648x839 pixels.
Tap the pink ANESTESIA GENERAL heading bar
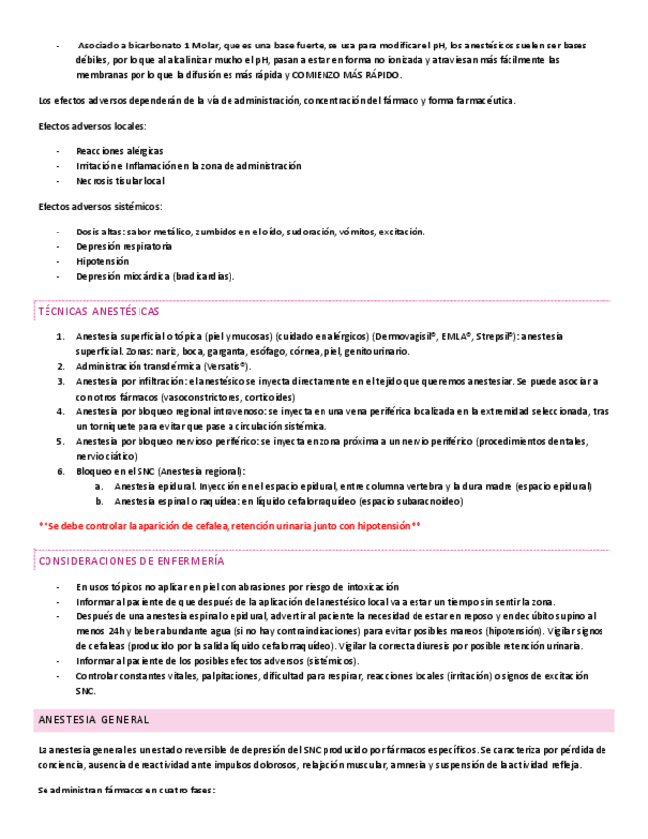pyautogui.click(x=324, y=719)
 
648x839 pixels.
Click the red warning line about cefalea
pyautogui.click(x=230, y=525)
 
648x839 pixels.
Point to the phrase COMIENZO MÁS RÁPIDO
pyautogui.click(x=346, y=75)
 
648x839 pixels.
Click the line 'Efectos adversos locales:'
pyautogui.click(x=92, y=126)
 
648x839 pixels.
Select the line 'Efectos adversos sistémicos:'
pyautogui.click(x=99, y=206)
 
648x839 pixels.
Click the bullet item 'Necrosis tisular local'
pyautogui.click(x=121, y=181)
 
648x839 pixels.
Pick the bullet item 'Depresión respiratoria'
pyautogui.click(x=124, y=246)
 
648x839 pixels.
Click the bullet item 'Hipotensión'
pyautogui.click(x=102, y=261)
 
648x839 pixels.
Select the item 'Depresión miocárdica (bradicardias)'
pyautogui.click(x=155, y=276)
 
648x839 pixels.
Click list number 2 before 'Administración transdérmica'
pyautogui.click(x=61, y=366)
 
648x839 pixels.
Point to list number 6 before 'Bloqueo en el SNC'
pyautogui.click(x=61, y=471)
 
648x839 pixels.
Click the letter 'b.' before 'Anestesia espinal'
pyautogui.click(x=99, y=501)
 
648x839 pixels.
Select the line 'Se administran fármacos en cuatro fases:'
pyautogui.click(x=126, y=792)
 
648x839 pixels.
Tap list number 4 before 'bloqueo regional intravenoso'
pyautogui.click(x=61, y=411)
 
